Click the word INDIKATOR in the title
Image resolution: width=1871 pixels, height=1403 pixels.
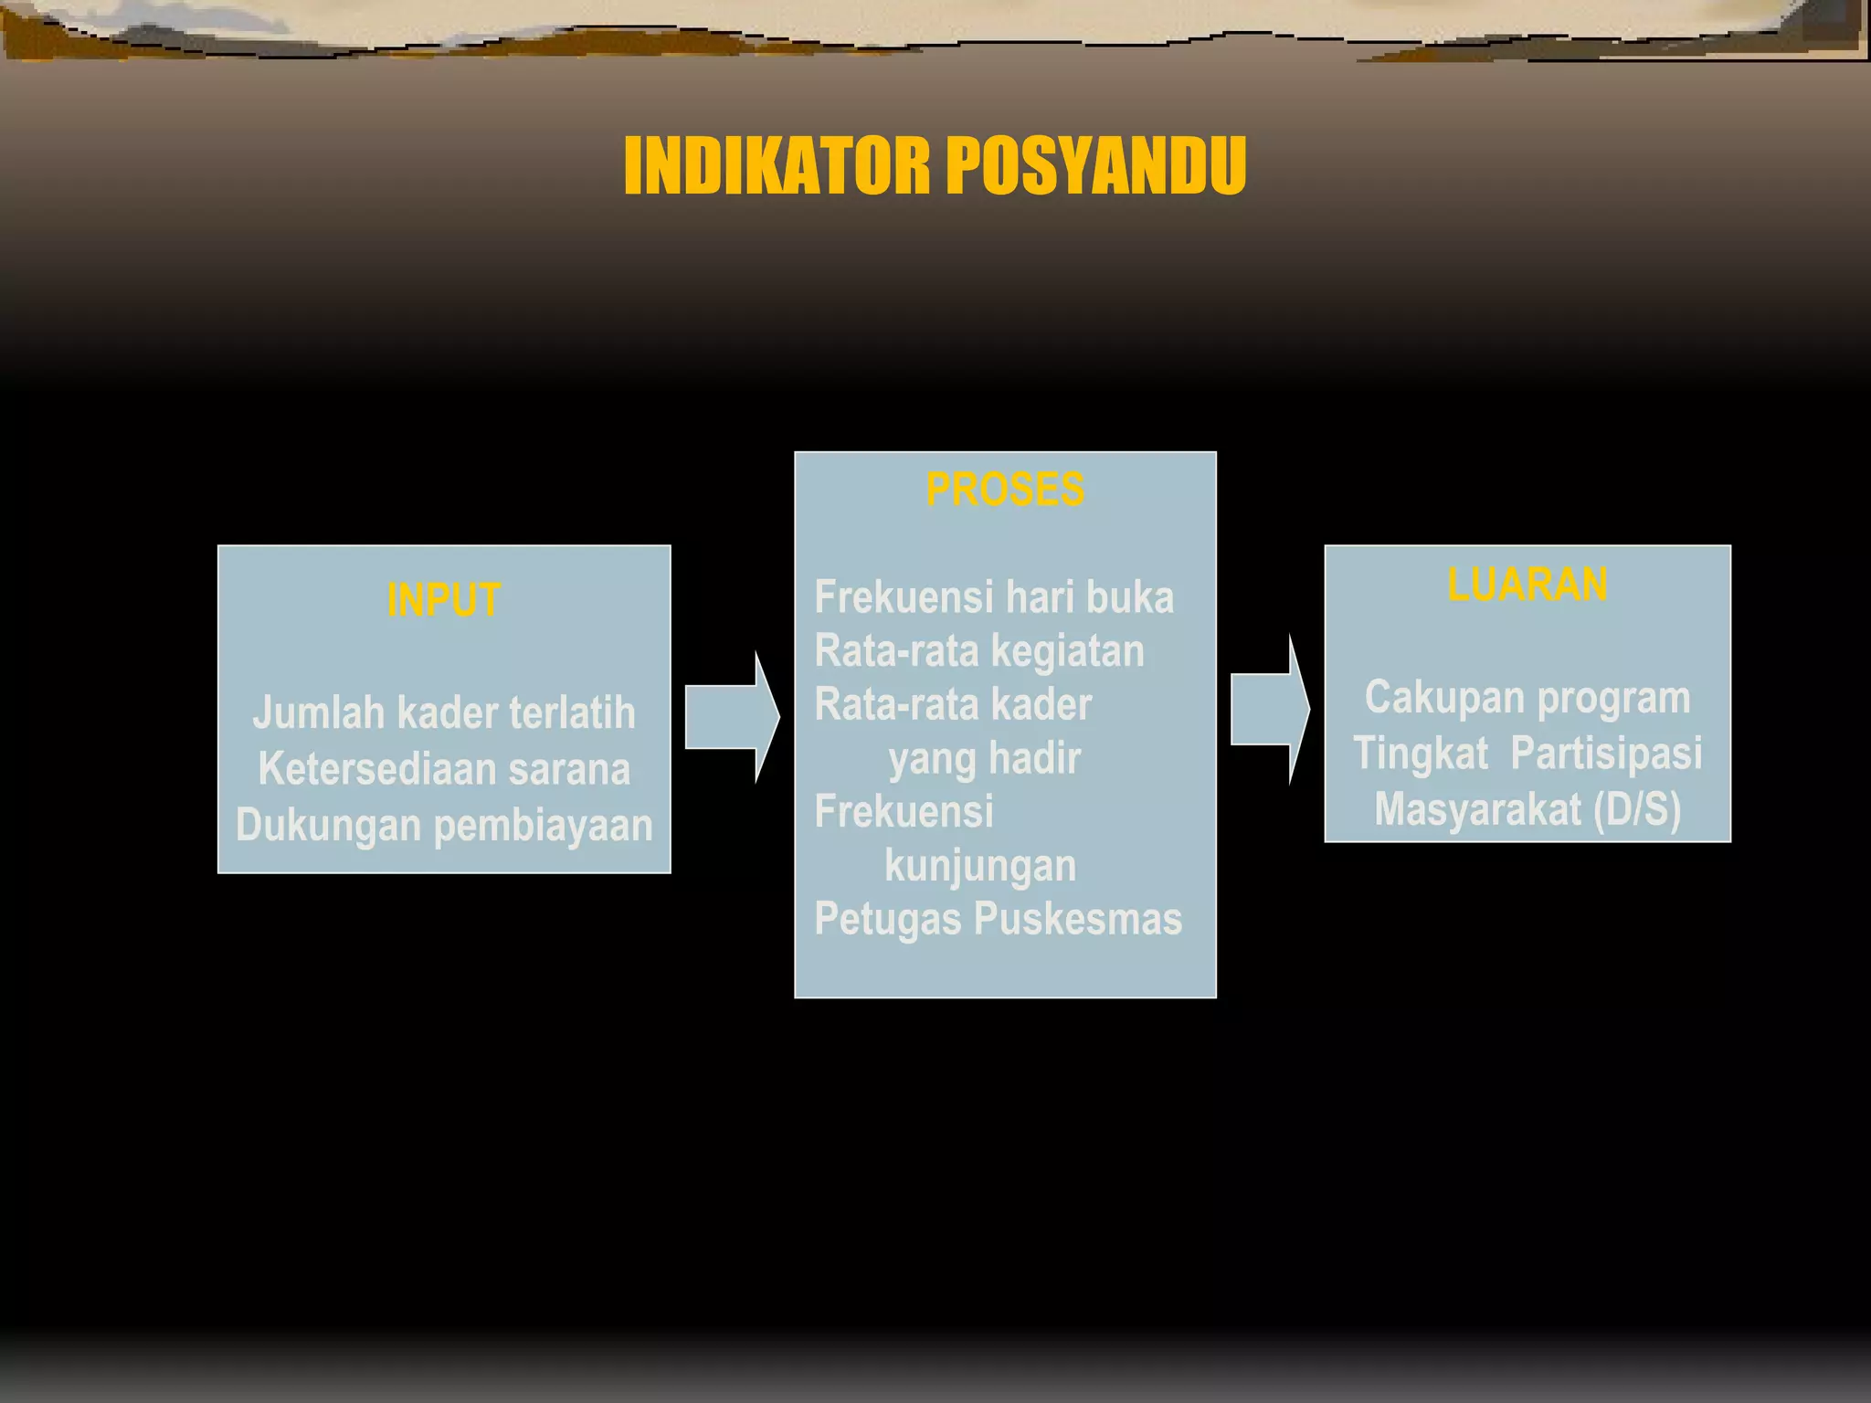click(777, 165)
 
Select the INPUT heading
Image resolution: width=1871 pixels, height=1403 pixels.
click(444, 600)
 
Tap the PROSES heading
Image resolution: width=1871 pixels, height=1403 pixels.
click(1005, 490)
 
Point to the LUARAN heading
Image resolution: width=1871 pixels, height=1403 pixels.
click(1527, 585)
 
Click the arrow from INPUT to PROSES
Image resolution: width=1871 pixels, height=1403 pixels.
click(731, 717)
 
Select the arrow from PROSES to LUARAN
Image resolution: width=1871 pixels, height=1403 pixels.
click(1270, 710)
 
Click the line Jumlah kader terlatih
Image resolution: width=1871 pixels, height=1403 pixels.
click(444, 712)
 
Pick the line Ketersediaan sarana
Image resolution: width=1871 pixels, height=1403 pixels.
click(444, 769)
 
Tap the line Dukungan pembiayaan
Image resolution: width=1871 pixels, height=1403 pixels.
click(444, 825)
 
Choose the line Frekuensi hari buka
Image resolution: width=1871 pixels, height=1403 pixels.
click(994, 597)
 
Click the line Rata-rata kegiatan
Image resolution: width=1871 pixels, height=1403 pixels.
click(979, 651)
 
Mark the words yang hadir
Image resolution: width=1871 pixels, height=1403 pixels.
click(985, 758)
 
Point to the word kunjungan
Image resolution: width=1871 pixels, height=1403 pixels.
click(980, 866)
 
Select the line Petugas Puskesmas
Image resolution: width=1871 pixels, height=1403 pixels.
click(998, 919)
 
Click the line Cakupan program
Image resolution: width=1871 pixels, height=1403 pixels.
click(1527, 698)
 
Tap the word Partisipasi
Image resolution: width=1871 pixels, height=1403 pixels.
click(1606, 754)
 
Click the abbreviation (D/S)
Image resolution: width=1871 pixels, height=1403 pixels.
click(1637, 810)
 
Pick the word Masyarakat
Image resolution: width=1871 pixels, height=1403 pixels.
click(1478, 810)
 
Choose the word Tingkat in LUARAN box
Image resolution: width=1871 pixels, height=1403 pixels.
click(1421, 754)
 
